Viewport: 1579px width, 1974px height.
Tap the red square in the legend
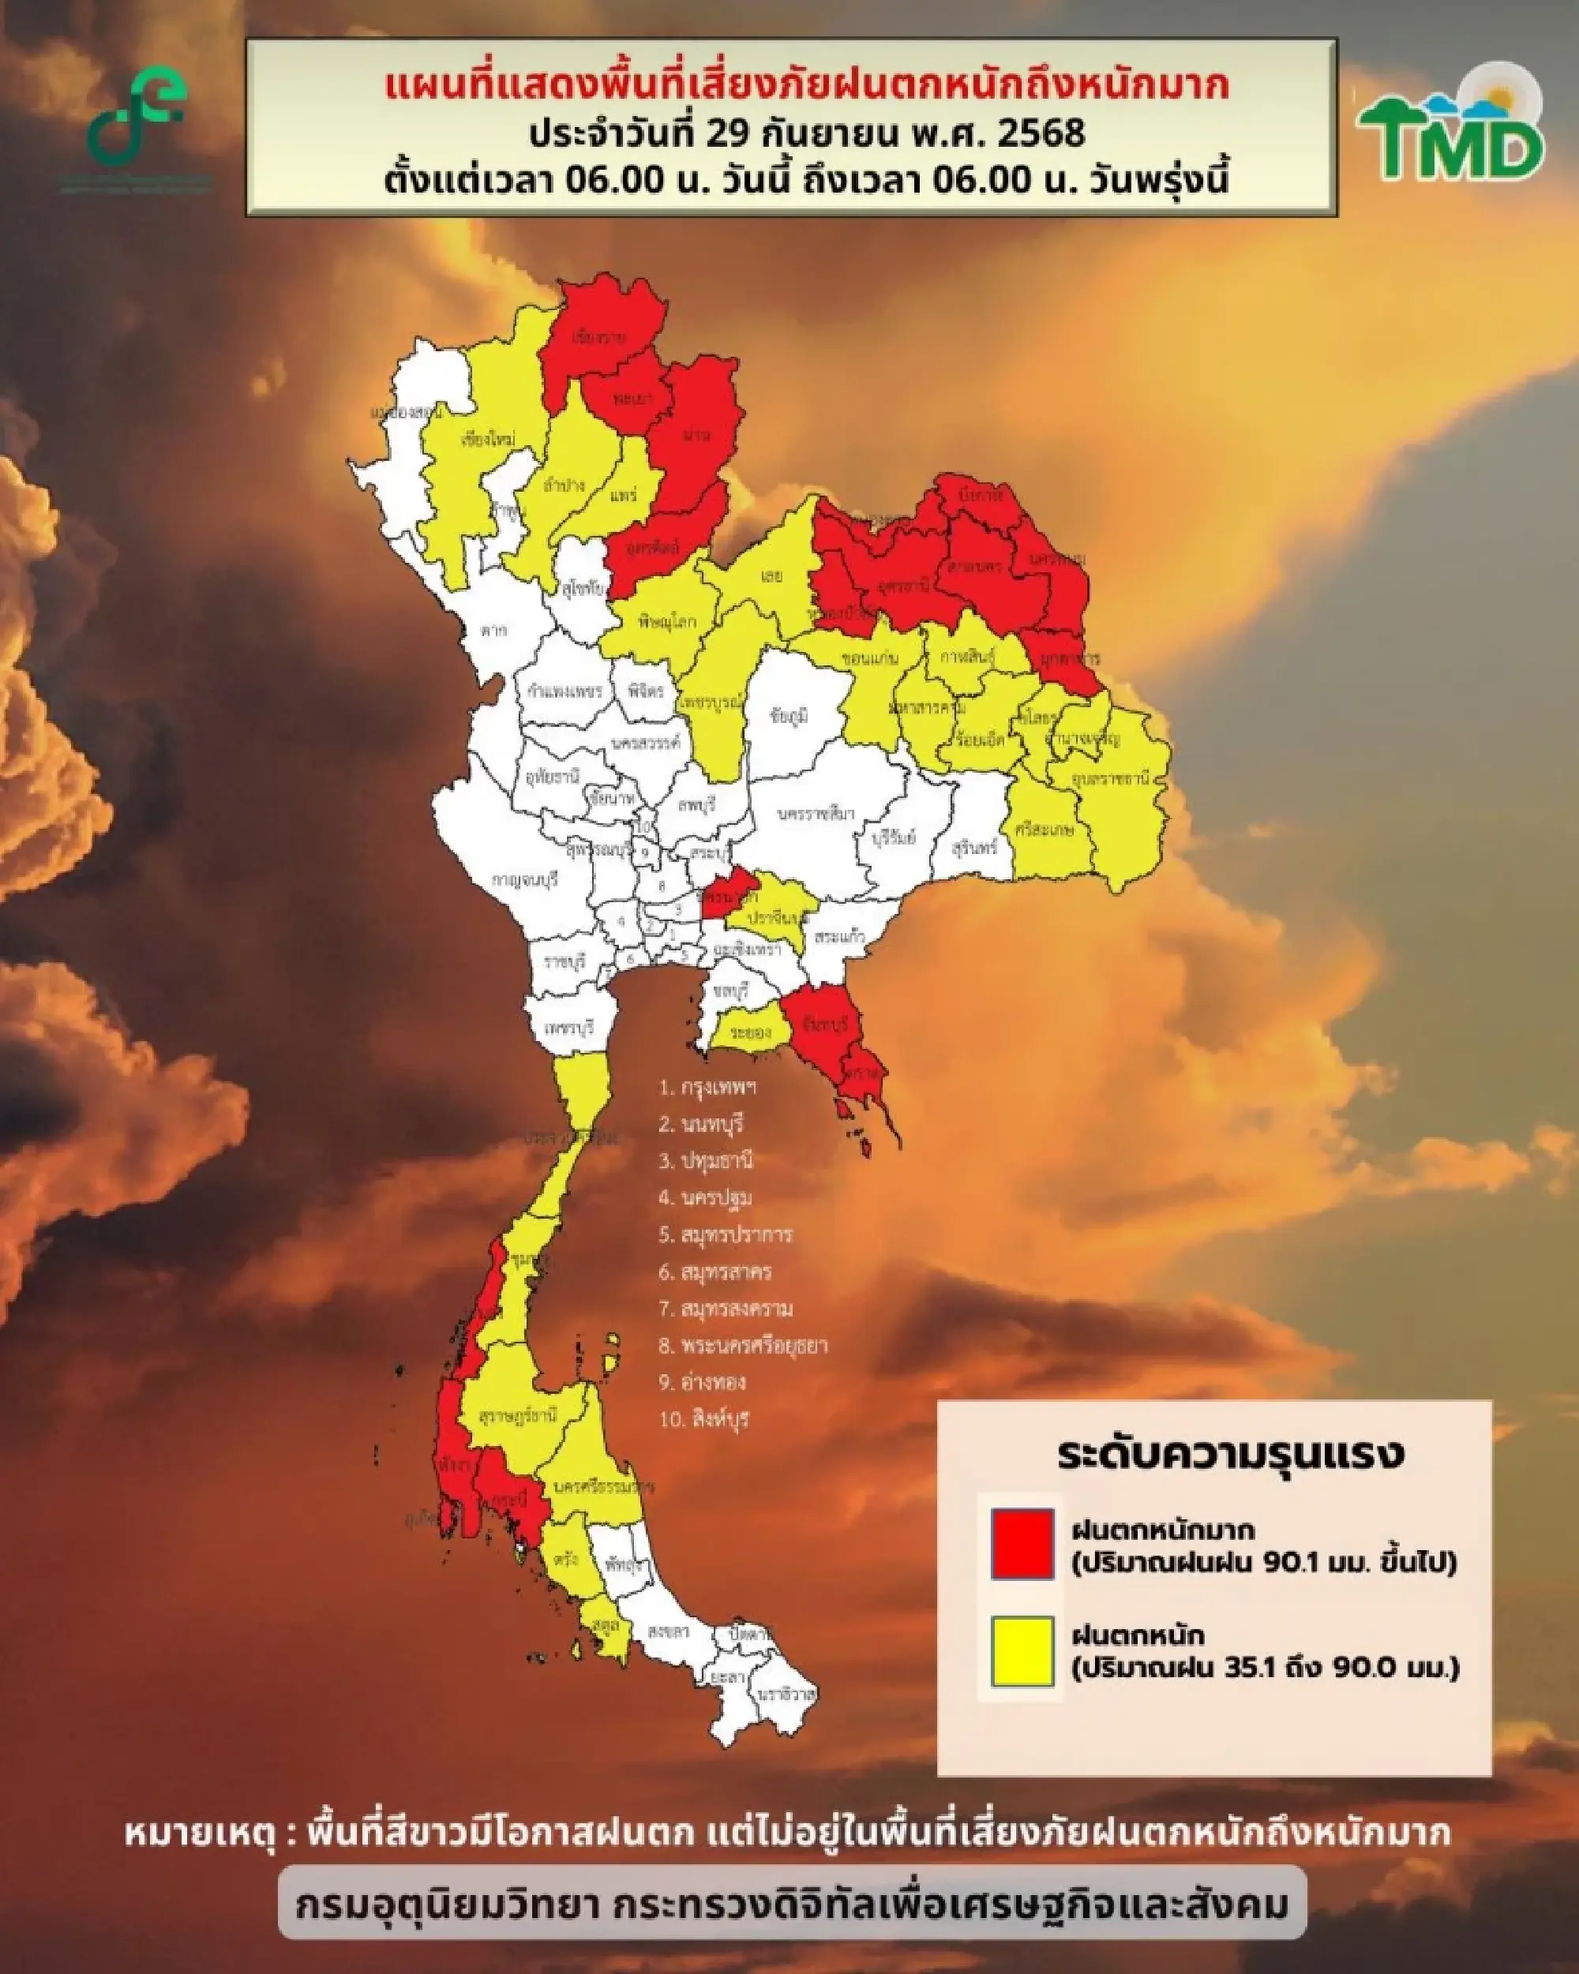(1022, 1545)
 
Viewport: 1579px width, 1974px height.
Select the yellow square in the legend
(1022, 1652)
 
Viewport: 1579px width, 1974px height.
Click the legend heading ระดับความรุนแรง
(1230, 1455)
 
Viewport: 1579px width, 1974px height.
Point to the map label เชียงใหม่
(488, 440)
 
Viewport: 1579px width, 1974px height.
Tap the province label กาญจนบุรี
(525, 879)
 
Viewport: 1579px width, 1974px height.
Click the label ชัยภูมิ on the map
(789, 717)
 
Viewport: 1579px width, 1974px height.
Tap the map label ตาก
(493, 631)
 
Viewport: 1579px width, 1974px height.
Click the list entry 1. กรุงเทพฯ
(708, 1088)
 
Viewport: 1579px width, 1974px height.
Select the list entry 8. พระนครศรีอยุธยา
(743, 1346)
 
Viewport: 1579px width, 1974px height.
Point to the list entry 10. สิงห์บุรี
(703, 1420)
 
